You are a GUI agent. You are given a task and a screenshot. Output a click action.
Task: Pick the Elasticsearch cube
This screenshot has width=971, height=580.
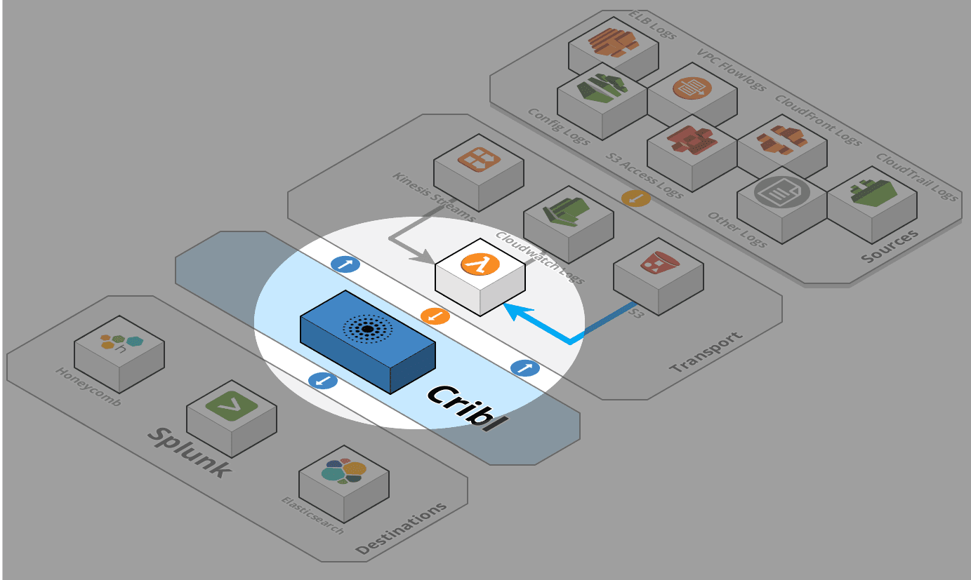pyautogui.click(x=344, y=480)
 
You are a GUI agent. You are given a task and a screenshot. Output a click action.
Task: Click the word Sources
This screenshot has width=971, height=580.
pyautogui.click(x=890, y=246)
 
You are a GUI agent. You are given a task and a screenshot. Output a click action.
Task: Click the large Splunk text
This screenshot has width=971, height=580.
pyautogui.click(x=189, y=452)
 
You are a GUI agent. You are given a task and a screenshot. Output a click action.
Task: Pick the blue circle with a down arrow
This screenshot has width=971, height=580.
pyautogui.click(x=323, y=381)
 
